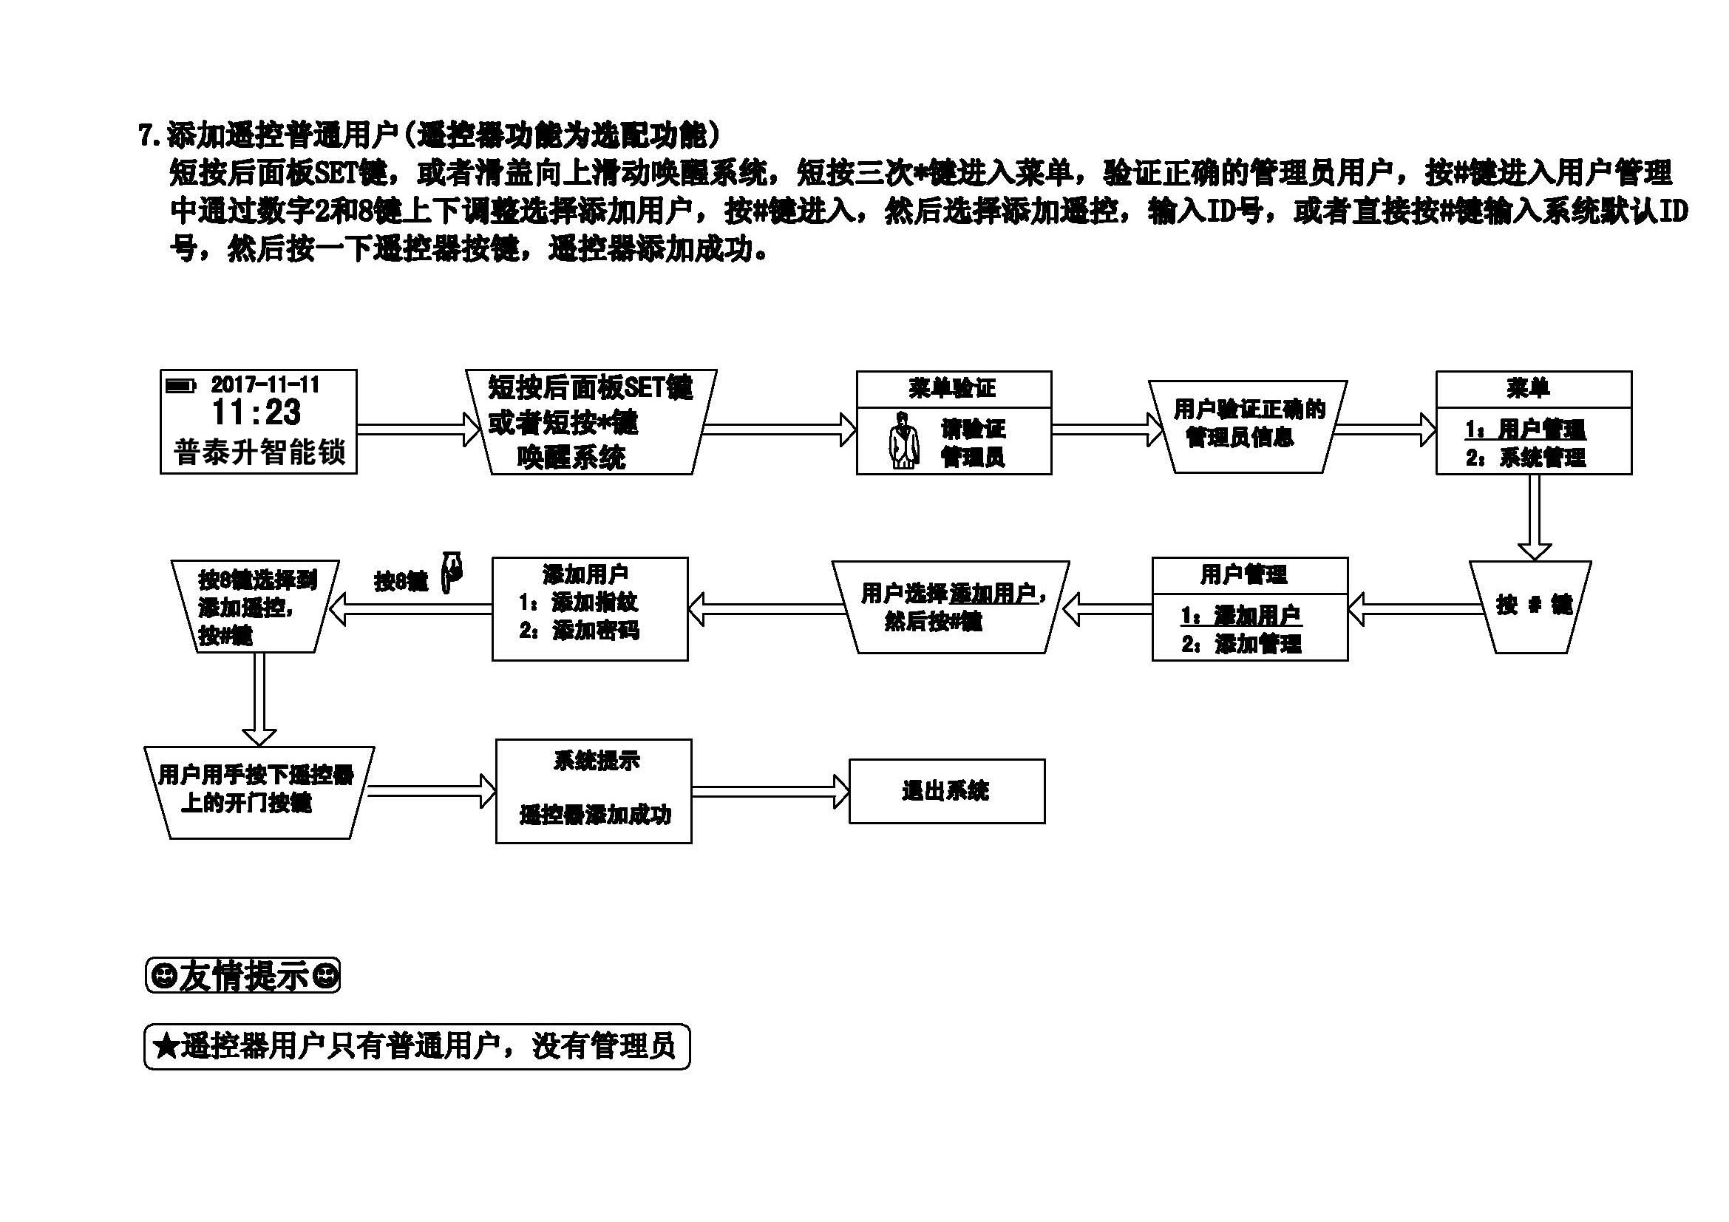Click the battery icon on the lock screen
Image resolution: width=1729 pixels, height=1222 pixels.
point(180,386)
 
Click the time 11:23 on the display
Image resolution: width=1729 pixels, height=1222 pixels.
point(257,413)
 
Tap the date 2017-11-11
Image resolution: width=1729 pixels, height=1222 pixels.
point(265,384)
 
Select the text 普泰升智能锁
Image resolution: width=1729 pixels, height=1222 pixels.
point(259,452)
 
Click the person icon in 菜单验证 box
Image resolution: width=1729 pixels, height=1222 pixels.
point(903,441)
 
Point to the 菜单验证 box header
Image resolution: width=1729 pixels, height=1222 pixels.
point(953,389)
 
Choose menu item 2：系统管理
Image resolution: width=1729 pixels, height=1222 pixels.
point(1526,457)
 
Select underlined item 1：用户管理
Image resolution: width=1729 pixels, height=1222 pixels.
point(1526,430)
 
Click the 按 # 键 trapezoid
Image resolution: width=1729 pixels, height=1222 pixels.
point(1532,605)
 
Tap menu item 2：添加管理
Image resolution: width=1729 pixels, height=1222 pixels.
point(1242,644)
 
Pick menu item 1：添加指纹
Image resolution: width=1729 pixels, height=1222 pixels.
point(578,602)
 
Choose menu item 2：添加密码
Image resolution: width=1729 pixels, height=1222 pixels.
point(579,630)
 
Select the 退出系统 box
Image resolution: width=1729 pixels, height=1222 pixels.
point(947,791)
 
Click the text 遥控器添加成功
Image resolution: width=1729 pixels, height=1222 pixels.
point(595,815)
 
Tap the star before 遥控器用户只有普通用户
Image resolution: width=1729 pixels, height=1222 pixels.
point(166,1046)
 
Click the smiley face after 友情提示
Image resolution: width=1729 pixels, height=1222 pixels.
point(326,976)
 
